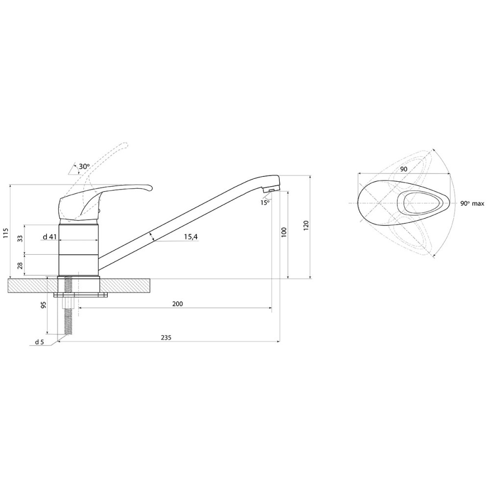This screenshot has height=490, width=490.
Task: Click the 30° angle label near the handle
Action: click(84, 167)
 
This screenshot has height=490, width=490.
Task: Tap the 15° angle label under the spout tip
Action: click(265, 202)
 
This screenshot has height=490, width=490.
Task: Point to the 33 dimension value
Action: click(20, 239)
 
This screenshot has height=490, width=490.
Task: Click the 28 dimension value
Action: click(20, 266)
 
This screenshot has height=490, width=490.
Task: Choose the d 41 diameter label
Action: click(49, 237)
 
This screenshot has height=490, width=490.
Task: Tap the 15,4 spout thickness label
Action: click(191, 237)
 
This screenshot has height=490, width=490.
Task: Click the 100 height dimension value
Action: click(284, 232)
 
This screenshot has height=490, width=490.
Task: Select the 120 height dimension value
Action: click(306, 225)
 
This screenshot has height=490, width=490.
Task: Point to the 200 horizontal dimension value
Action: click(177, 303)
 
